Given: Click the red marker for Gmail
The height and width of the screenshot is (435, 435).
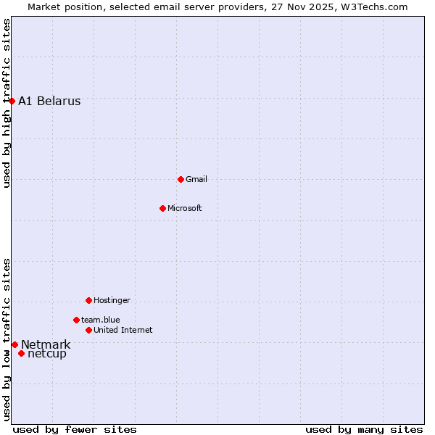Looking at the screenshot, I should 181,179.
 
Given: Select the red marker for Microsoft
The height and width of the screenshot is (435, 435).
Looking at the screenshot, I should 162,208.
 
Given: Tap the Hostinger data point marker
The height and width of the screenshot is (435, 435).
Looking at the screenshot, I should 88,300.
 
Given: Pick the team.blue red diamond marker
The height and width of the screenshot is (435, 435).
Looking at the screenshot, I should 76,320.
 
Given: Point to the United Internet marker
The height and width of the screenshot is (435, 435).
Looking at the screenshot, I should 88,330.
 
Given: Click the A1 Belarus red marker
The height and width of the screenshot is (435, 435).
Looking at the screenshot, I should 12,101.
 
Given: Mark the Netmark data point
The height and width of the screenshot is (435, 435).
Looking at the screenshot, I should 14,344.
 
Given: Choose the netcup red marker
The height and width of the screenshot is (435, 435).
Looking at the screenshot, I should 22,354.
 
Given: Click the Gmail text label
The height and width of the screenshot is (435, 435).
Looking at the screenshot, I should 196,179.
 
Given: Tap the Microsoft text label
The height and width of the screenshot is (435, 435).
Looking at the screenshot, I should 185,208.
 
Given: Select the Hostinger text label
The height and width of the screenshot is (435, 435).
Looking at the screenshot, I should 112,300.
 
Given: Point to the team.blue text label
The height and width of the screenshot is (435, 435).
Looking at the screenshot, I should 101,320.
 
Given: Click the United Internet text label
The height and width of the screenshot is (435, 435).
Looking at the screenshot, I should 123,330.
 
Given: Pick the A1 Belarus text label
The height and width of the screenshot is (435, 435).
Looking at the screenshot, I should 49,101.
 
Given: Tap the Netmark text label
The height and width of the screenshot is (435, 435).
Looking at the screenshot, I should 46,344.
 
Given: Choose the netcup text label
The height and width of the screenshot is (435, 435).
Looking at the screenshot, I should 47,354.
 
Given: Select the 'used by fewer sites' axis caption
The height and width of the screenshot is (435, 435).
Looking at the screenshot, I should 75,429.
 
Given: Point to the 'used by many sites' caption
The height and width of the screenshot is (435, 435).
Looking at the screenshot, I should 364,429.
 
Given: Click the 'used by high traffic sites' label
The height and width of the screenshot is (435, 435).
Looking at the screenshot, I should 7,103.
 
